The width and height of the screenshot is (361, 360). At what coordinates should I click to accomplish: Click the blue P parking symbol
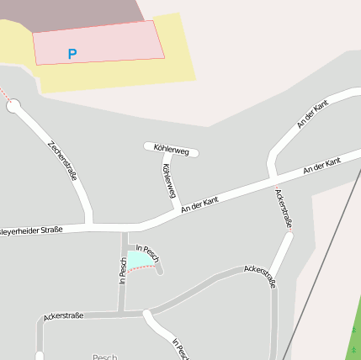point(72,55)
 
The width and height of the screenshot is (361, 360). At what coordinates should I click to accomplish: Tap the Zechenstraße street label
point(64,160)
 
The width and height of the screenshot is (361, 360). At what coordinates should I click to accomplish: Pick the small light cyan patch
point(138,261)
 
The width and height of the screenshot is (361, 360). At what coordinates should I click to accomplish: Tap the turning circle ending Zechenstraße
point(13,106)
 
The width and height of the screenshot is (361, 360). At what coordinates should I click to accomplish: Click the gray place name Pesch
point(104,357)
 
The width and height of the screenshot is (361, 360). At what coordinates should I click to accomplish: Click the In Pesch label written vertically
point(123,270)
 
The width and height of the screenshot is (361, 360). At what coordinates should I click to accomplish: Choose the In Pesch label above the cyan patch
point(147,251)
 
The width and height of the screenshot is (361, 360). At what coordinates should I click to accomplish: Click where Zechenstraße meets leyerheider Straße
point(89,225)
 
